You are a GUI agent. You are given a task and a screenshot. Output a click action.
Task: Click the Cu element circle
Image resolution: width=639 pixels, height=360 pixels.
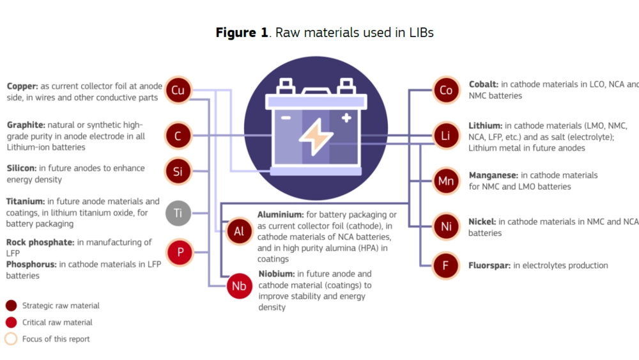tap(178, 91)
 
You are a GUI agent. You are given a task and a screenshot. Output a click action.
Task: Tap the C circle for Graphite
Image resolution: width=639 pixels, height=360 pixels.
tap(178, 136)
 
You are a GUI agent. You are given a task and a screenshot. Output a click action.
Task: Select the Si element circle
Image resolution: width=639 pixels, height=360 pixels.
tap(178, 171)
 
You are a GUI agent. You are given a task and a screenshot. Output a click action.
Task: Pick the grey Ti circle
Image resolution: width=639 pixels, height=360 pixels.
tap(178, 213)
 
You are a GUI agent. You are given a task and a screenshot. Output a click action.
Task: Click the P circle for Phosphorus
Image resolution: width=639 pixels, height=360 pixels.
tap(180, 253)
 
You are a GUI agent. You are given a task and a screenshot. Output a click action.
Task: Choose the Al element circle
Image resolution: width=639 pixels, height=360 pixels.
tap(239, 231)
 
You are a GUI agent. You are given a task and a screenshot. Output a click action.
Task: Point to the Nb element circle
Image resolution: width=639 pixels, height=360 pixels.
tap(240, 286)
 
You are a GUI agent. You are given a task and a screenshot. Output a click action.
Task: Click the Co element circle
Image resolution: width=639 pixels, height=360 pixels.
tap(446, 91)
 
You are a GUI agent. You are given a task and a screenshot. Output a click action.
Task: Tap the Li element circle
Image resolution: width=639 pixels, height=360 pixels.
tap(446, 136)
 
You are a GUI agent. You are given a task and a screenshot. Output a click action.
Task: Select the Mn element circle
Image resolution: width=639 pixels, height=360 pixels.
tap(446, 182)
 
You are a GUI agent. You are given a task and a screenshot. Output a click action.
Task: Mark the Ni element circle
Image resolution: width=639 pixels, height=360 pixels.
tap(446, 226)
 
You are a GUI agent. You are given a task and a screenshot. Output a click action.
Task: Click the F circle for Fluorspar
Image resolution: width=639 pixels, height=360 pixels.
tap(446, 266)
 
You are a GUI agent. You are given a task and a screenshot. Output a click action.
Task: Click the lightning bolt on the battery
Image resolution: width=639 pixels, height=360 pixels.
tap(315, 137)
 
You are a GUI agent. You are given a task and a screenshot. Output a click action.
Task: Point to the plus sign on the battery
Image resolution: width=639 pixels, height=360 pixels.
tap(346, 118)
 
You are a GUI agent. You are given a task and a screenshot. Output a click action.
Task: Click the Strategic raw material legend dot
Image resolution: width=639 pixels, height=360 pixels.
tap(11, 306)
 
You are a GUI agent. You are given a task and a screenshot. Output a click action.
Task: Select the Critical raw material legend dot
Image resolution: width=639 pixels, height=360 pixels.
tap(11, 322)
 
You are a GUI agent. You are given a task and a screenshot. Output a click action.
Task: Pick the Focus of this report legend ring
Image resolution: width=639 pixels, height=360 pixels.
tap(11, 339)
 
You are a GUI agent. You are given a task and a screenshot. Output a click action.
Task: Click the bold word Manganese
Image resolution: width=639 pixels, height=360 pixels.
tap(493, 175)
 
